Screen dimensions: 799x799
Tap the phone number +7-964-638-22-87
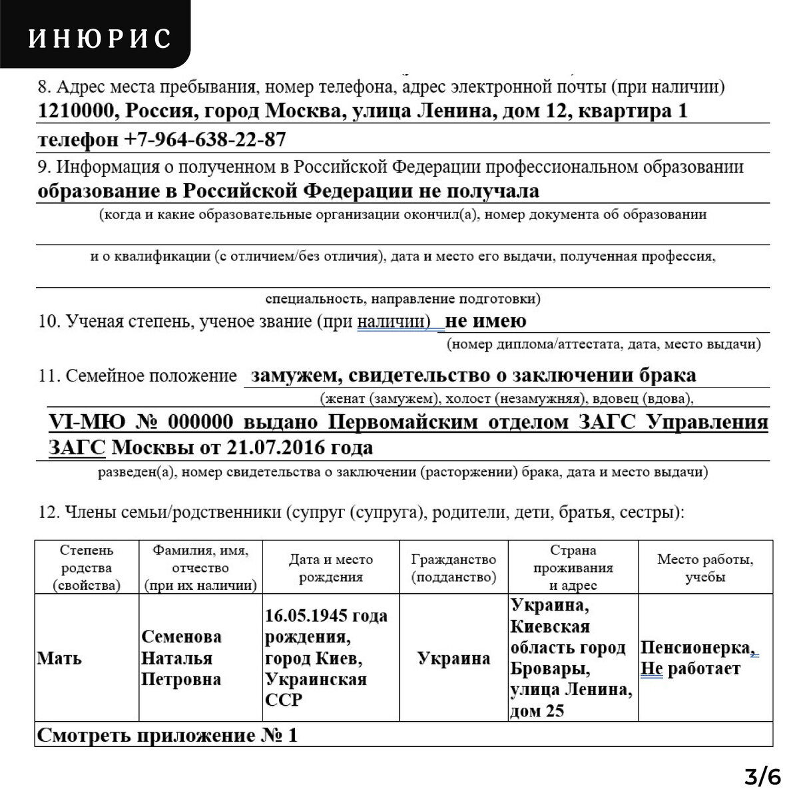pyautogui.click(x=205, y=140)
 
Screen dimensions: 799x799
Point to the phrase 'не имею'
pyautogui.click(x=485, y=322)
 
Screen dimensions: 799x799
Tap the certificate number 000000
pyautogui.click(x=199, y=423)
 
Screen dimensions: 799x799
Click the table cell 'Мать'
pyautogui.click(x=59, y=659)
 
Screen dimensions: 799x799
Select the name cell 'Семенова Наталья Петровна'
pyautogui.click(x=181, y=659)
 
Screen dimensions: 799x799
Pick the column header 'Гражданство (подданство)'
pyautogui.click(x=453, y=569)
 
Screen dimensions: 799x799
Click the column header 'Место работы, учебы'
pyautogui.click(x=705, y=569)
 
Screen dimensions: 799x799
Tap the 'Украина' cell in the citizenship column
pyautogui.click(x=453, y=659)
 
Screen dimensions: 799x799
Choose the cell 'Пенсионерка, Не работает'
pyautogui.click(x=698, y=658)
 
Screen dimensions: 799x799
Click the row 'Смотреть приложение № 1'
pyautogui.click(x=166, y=736)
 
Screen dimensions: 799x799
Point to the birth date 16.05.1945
pyautogui.click(x=307, y=616)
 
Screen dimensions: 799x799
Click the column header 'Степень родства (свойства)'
pyautogui.click(x=87, y=569)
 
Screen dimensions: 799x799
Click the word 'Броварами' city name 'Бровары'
pyautogui.click(x=539, y=668)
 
